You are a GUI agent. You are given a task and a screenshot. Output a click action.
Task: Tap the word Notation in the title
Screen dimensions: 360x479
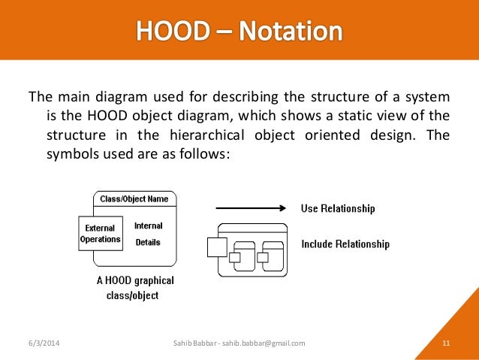pos(291,32)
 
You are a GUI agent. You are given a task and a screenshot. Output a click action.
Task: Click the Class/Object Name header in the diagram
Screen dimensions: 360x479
pos(135,199)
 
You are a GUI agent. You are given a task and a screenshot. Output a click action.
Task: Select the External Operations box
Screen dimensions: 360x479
pos(101,234)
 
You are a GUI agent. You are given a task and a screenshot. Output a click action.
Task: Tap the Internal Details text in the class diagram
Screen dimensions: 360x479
pos(148,234)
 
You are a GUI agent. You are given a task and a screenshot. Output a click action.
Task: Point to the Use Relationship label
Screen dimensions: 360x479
pos(338,208)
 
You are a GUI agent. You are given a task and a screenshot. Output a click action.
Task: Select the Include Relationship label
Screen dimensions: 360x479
pos(345,244)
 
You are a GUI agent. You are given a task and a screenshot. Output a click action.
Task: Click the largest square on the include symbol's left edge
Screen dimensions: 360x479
pos(217,247)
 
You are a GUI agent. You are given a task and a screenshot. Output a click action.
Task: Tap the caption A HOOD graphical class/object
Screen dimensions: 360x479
pos(135,288)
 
